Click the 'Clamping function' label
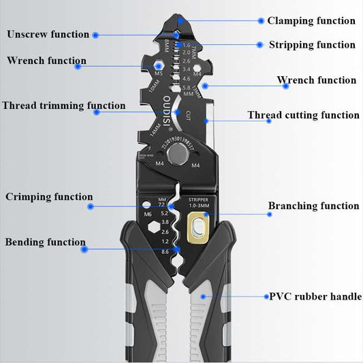click(x=311, y=21)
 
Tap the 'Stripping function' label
click(x=312, y=45)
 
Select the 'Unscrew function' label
click(x=48, y=34)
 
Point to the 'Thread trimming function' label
click(x=63, y=106)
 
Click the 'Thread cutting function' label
click(x=303, y=115)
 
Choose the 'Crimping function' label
click(x=49, y=197)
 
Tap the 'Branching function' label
click(x=313, y=206)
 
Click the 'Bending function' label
click(x=45, y=242)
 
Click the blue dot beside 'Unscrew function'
click(x=96, y=35)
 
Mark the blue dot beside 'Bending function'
click(x=84, y=249)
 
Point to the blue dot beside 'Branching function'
click(x=269, y=215)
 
